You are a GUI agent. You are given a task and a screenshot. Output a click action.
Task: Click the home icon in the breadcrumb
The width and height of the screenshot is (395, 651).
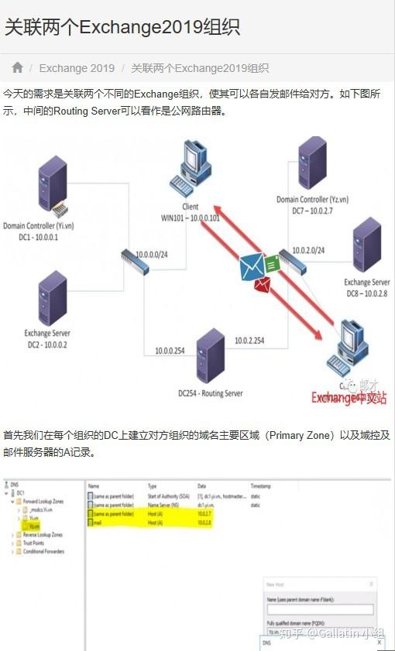[18, 68]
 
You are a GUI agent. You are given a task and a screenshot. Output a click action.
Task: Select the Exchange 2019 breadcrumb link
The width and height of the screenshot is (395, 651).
[77, 68]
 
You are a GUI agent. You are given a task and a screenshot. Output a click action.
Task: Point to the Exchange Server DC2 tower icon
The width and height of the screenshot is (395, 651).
[52, 297]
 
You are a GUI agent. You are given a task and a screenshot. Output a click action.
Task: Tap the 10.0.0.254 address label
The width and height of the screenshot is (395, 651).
[170, 350]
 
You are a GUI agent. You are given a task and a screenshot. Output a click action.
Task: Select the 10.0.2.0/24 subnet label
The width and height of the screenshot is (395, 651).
[307, 250]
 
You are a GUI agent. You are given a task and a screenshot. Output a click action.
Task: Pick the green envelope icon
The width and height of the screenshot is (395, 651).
[271, 264]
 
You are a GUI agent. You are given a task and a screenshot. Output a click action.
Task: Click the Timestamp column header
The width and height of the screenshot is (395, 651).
[261, 485]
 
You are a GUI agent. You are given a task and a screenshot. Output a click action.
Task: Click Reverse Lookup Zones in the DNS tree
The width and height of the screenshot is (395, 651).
[43, 535]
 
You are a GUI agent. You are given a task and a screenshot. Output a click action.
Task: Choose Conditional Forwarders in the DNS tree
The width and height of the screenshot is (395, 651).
[44, 551]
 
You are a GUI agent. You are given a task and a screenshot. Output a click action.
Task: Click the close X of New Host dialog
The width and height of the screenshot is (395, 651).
[372, 584]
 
